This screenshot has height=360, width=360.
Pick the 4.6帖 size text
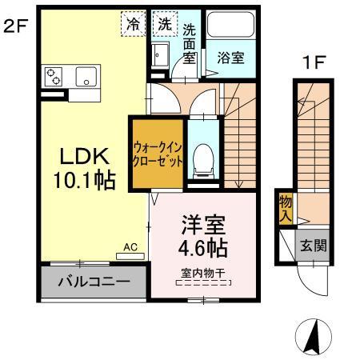(x=202, y=244)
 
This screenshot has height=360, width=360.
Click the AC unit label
(x=130, y=248)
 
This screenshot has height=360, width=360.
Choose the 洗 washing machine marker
(x=164, y=24)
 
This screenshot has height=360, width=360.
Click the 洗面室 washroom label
(x=190, y=43)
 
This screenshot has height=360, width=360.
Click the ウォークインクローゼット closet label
(x=159, y=154)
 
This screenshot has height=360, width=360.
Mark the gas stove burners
(x=54, y=78)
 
